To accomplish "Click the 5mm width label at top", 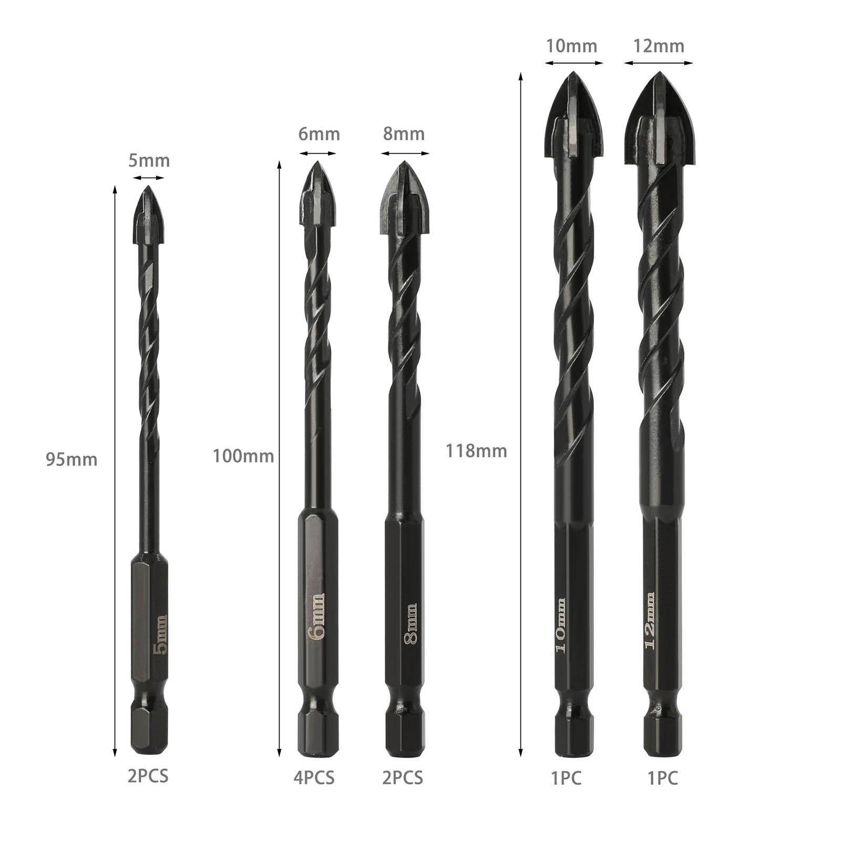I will point(149,160).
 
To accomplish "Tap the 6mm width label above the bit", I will point(319,134).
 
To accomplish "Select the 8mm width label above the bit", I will point(404,134).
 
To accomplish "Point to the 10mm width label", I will point(571,46).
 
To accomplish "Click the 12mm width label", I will point(659,46).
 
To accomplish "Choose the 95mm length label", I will point(71,460).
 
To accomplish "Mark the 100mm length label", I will point(243,456).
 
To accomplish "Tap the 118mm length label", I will point(476,451).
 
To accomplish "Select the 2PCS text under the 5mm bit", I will point(148,776).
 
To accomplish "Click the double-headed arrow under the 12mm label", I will point(659,63).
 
